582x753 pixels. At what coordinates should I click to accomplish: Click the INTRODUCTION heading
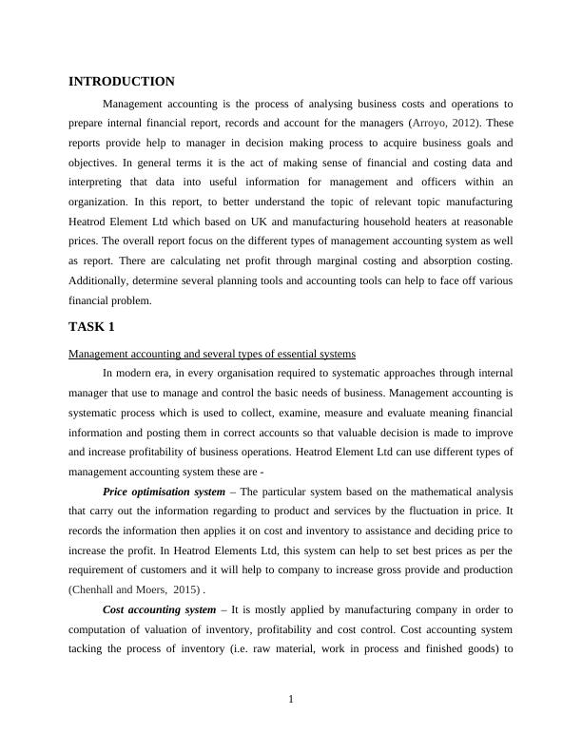pyautogui.click(x=122, y=82)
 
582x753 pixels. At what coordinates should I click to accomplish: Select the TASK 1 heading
pyautogui.click(x=91, y=327)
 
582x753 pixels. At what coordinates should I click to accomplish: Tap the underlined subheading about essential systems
pyautogui.click(x=212, y=354)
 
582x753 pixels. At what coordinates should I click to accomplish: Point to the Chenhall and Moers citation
pyautogui.click(x=132, y=589)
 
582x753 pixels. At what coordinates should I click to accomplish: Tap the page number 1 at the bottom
pyautogui.click(x=291, y=700)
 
